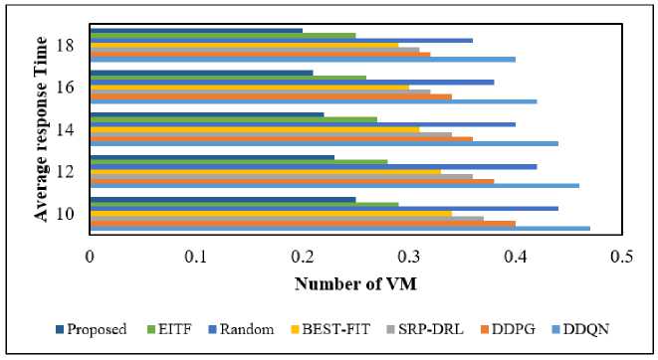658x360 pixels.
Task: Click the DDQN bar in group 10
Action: [339, 229]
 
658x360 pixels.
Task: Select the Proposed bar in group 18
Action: [196, 31]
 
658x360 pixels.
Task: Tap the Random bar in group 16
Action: [292, 83]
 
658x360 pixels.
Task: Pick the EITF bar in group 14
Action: [233, 120]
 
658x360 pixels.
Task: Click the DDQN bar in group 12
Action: [334, 186]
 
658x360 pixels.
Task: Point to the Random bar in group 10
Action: [324, 209]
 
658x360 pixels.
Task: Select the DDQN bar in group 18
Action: [303, 60]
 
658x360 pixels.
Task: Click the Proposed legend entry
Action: [91, 329]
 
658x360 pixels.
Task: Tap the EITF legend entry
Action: [169, 329]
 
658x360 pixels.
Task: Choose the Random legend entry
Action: [241, 329]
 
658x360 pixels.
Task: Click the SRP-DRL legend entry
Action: [425, 329]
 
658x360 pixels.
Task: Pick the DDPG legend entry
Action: [509, 329]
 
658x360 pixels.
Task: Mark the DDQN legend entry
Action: [580, 329]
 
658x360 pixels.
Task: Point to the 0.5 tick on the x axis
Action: [622, 257]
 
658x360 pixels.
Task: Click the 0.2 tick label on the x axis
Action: [303, 257]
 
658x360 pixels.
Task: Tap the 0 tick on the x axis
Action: [90, 257]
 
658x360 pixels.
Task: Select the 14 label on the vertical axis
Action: [65, 129]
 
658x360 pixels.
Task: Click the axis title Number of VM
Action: [355, 284]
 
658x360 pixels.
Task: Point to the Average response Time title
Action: [41, 128]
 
